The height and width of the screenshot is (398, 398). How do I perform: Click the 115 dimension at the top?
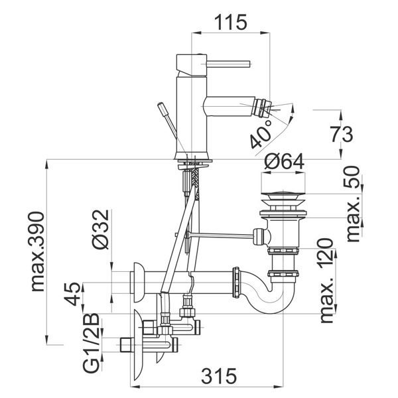tap(230, 23)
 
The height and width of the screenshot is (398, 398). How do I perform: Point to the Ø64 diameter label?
tap(284, 161)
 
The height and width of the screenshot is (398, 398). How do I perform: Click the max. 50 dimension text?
tap(353, 204)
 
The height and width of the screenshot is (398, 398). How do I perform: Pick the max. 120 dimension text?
tap(326, 281)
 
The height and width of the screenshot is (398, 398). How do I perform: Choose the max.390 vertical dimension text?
tap(38, 252)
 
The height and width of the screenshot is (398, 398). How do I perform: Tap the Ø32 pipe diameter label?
tap(101, 230)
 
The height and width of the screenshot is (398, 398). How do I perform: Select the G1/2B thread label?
tap(91, 343)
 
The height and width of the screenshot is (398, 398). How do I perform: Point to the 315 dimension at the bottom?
tap(219, 376)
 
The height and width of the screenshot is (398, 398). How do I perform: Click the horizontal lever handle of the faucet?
tap(228, 64)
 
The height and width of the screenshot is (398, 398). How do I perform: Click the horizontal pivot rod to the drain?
tap(220, 235)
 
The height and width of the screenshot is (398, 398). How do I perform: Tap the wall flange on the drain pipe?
tap(137, 283)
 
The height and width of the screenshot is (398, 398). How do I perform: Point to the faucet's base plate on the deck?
tap(193, 161)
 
